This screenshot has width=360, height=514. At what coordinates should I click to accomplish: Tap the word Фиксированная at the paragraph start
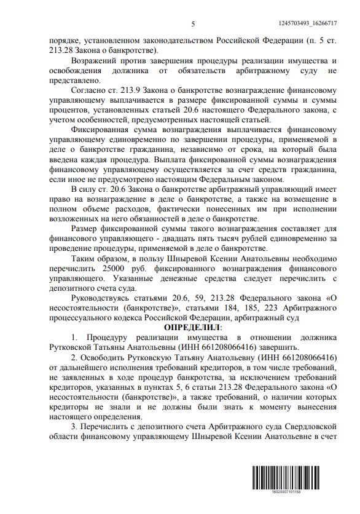coord(103,131)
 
